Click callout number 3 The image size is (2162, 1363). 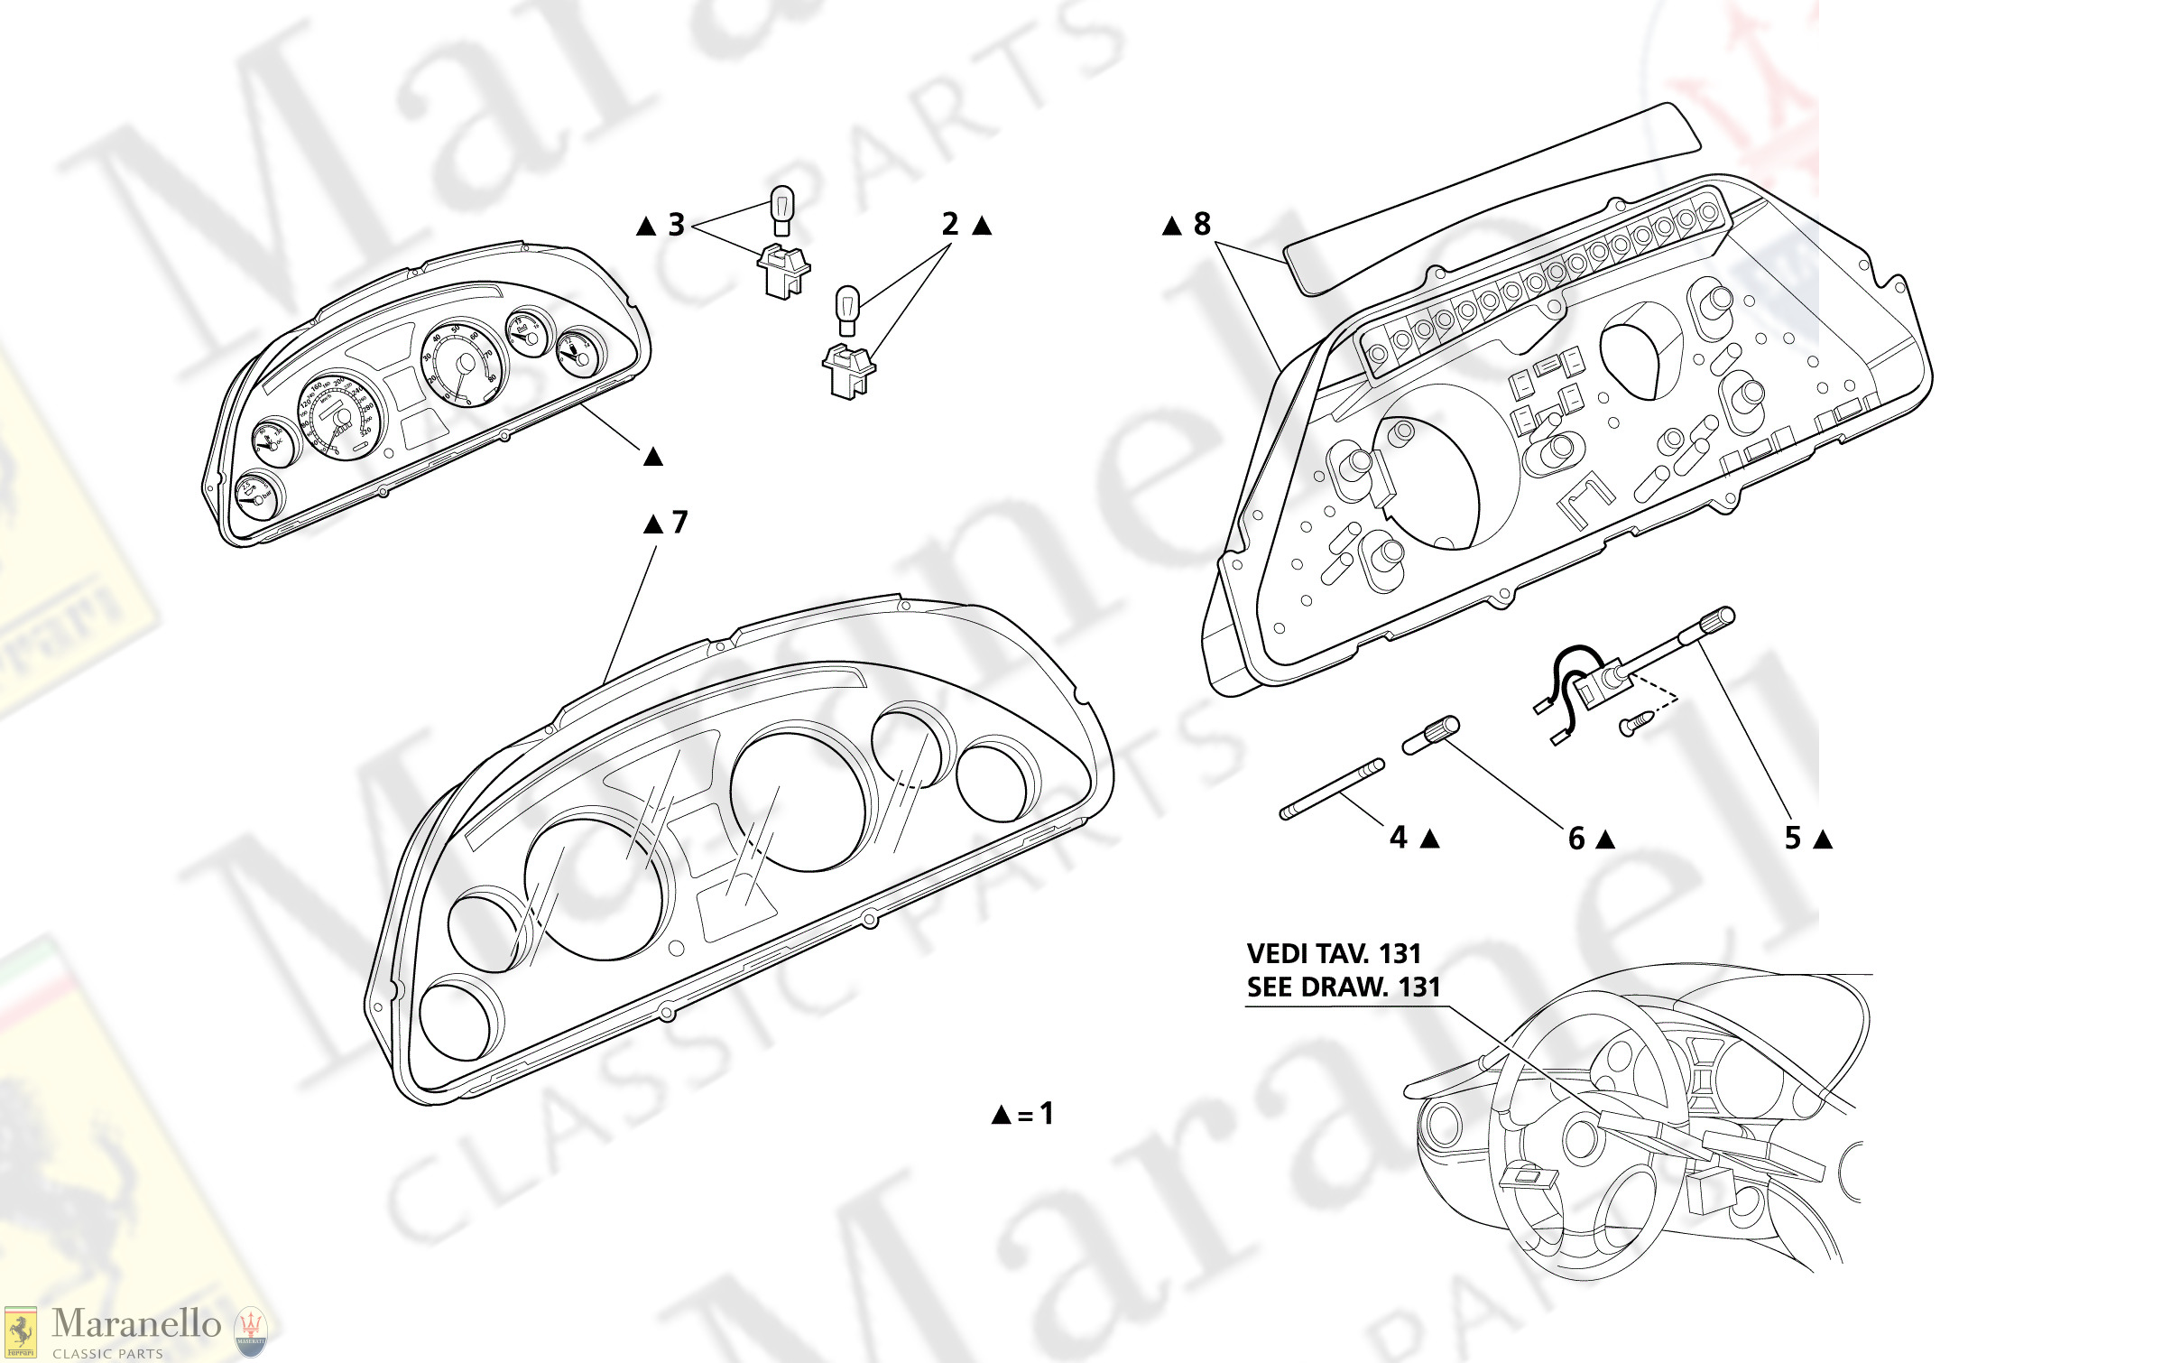677,225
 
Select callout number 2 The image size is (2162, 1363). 950,224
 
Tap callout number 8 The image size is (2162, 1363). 1202,224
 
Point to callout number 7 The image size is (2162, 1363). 679,522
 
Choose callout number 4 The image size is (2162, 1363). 1399,838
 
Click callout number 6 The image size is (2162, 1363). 1576,839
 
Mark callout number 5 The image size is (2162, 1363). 1793,839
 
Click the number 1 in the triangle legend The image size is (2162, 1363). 1047,1113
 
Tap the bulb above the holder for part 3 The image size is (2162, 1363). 782,209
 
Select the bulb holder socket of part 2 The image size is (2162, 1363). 848,371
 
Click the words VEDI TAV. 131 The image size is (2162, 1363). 1334,954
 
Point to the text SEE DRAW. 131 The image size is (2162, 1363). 1343,987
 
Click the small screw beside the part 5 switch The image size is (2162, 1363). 1637,722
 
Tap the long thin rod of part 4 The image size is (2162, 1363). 1332,790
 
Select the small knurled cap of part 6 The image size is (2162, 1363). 1431,734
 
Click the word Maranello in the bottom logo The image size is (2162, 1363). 136,1324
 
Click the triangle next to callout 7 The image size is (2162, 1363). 653,524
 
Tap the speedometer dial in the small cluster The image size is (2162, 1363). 341,416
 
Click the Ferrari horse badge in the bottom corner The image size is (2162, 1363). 20,1332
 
